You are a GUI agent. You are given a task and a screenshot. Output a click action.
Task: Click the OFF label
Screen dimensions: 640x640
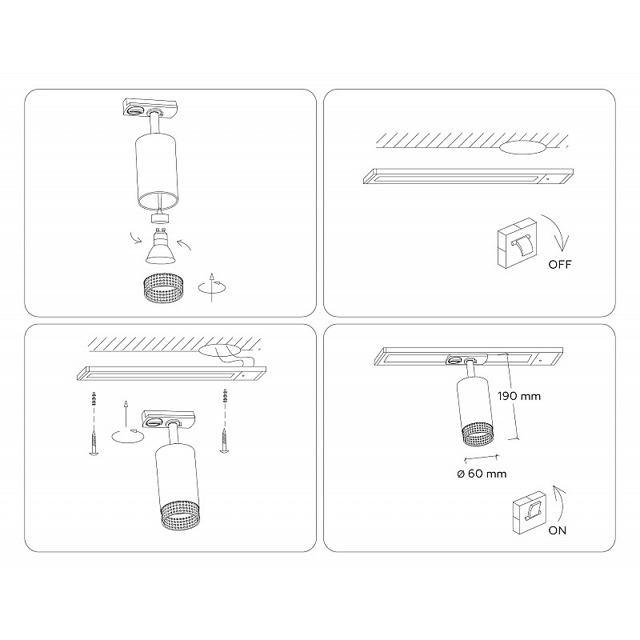click(560, 264)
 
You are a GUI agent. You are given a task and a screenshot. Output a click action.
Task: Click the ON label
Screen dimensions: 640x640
click(557, 530)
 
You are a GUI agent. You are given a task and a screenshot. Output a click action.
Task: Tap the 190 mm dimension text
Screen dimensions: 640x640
click(519, 396)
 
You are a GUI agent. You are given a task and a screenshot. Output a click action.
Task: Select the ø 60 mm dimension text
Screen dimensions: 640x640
click(482, 474)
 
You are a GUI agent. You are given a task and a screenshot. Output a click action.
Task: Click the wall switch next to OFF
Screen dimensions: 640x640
click(516, 243)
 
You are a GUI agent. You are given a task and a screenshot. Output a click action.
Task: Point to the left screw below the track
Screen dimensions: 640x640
click(94, 442)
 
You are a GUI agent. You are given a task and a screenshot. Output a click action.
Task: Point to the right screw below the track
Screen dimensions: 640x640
click(224, 440)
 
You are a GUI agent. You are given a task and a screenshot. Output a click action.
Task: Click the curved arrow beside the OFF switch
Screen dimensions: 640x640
click(557, 231)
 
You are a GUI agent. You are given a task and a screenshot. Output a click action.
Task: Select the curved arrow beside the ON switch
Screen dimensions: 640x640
click(560, 503)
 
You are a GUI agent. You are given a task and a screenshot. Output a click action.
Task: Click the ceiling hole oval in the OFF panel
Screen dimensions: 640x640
click(522, 147)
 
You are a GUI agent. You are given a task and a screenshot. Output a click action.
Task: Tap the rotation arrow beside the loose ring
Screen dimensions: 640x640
click(212, 287)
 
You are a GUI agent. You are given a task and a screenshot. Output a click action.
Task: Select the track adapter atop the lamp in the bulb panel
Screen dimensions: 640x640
click(150, 108)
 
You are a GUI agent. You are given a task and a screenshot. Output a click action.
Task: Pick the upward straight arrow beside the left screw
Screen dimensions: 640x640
click(126, 414)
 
